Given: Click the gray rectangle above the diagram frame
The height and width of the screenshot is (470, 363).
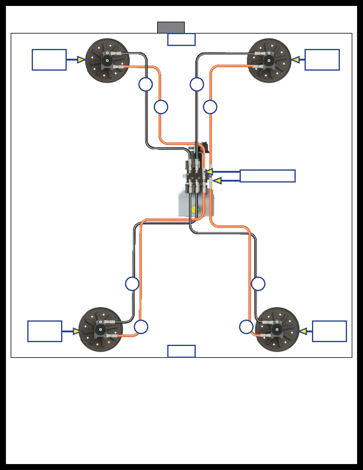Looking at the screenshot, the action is click(171, 27).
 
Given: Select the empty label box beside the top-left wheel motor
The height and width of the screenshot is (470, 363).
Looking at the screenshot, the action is click(49, 60).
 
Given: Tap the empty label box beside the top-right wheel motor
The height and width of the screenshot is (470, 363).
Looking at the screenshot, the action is click(322, 60).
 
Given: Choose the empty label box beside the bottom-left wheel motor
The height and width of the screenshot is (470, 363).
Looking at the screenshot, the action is click(45, 331).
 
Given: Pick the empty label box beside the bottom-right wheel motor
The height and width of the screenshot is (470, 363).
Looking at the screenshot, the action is click(329, 331).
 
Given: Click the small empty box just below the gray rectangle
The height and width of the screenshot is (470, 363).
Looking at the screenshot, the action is click(181, 39).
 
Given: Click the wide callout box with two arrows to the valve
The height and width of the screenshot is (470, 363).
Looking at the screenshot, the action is click(268, 176).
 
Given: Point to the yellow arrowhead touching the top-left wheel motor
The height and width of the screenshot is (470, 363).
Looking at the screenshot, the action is click(81, 60).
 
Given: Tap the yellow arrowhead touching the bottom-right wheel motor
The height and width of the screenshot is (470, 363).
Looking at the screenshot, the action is click(303, 331).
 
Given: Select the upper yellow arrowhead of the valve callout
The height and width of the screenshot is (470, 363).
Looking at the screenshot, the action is click(209, 172).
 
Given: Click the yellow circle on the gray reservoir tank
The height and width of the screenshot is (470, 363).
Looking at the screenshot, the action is click(195, 209).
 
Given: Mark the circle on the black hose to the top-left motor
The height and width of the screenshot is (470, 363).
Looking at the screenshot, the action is click(146, 85).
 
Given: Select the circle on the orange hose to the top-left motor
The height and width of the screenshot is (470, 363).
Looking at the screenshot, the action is click(161, 107).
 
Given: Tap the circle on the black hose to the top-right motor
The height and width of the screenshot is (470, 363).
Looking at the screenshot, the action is click(197, 85).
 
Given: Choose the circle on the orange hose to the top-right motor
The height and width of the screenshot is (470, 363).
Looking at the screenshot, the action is click(210, 107).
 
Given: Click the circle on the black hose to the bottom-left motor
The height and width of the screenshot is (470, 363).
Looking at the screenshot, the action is click(132, 284).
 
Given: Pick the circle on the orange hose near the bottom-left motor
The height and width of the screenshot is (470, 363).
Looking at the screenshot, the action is click(141, 327).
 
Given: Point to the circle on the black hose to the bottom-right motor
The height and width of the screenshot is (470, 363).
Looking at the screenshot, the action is click(258, 284).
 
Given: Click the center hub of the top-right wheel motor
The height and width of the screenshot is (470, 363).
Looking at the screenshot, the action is click(269, 61).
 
